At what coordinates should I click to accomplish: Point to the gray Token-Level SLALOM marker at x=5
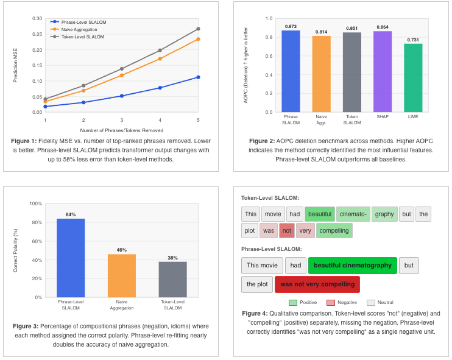pos(198,29)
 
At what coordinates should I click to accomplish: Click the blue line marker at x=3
pos(122,96)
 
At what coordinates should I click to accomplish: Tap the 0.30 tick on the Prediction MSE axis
pos(37,18)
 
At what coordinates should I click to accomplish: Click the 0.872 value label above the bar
pos(291,26)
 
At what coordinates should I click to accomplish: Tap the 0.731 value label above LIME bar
pos(413,40)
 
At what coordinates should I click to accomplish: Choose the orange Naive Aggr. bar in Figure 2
pos(321,74)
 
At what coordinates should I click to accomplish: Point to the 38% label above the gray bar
pos(172,258)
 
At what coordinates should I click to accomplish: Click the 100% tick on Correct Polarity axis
pos(36,203)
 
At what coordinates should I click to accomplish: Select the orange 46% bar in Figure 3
pos(122,275)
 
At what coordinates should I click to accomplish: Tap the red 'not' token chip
pos(287,231)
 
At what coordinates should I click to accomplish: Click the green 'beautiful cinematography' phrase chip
pos(352,266)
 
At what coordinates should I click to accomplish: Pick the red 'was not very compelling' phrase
pos(317,284)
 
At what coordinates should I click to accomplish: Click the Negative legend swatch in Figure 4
pos(331,303)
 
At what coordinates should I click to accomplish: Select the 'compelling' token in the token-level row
pos(334,231)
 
